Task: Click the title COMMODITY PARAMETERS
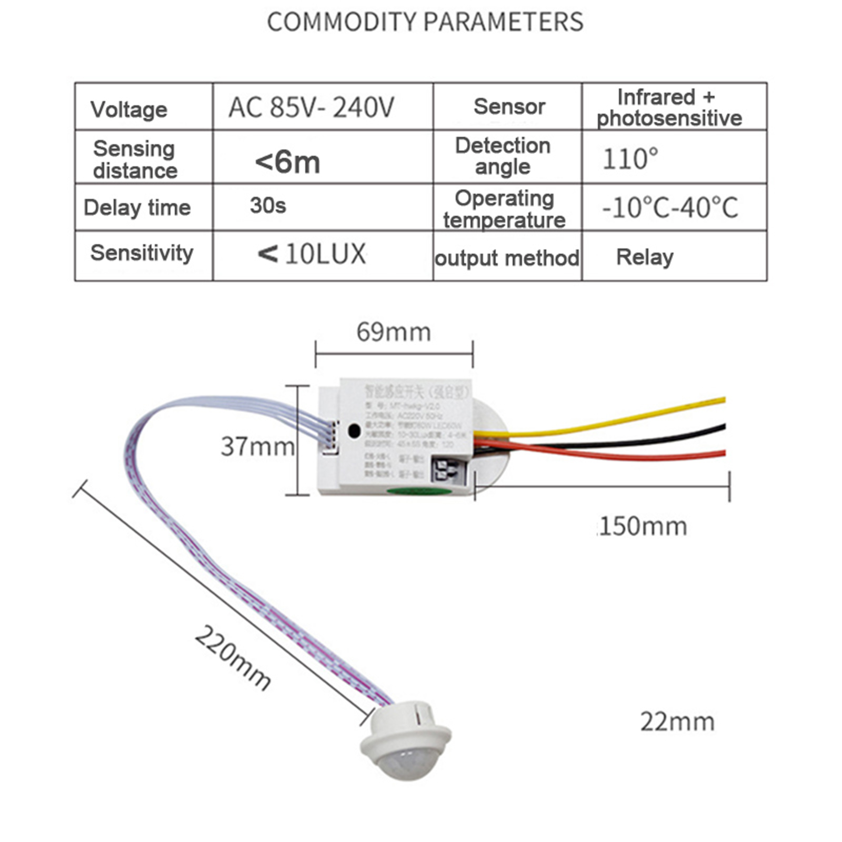(x=425, y=22)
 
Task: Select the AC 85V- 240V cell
(x=311, y=107)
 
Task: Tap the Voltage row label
(x=129, y=109)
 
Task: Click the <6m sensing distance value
(x=287, y=162)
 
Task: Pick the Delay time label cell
(x=137, y=207)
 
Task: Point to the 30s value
(x=268, y=206)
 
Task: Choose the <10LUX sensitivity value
(x=312, y=254)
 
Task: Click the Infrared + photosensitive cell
(x=669, y=108)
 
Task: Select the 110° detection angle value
(x=630, y=159)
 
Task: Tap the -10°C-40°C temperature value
(x=670, y=207)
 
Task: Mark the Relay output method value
(x=645, y=257)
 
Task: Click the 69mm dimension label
(x=394, y=332)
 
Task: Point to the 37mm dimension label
(x=257, y=447)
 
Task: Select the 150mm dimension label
(x=643, y=526)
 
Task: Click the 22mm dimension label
(x=677, y=721)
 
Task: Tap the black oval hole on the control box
(x=354, y=430)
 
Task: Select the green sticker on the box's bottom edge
(x=419, y=492)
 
